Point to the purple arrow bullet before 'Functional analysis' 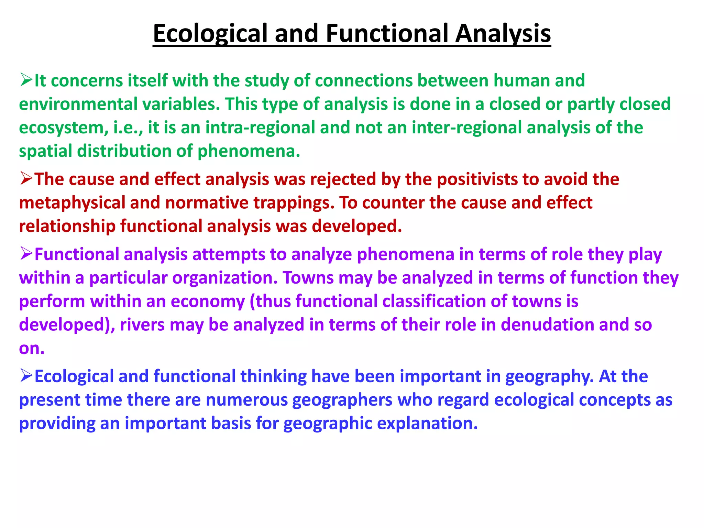pyautogui.click(x=26, y=254)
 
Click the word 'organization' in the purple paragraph pyautogui.click(x=225, y=278)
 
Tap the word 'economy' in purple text pyautogui.click(x=208, y=301)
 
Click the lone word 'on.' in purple pyautogui.click(x=32, y=349)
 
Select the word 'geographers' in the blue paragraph pyautogui.click(x=342, y=400)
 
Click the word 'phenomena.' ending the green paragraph pyautogui.click(x=249, y=151)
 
